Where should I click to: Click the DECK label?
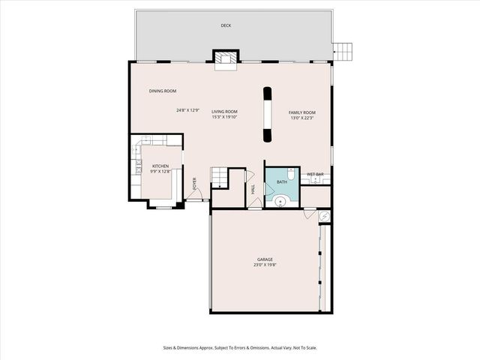226,25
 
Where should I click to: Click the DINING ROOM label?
163,91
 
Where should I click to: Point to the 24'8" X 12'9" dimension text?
188,110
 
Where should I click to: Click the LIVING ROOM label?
224,111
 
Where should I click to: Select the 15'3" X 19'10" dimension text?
224,117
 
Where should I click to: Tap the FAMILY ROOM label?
302,112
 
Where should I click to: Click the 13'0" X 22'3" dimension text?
302,118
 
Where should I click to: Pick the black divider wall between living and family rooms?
265,115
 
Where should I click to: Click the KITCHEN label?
160,166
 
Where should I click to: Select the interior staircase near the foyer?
217,177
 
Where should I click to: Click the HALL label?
253,190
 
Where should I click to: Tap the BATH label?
282,182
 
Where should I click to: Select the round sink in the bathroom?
280,199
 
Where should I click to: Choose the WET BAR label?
314,175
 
